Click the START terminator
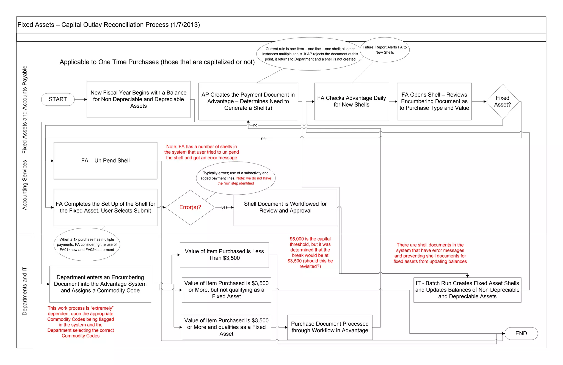(x=58, y=99)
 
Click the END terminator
(x=521, y=333)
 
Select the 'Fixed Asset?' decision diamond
(x=502, y=101)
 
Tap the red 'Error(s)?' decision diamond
(x=190, y=207)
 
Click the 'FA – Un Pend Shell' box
(x=105, y=160)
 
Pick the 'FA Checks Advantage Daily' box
(x=351, y=101)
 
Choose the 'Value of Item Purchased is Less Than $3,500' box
(x=224, y=255)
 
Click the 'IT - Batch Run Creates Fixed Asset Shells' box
(x=467, y=290)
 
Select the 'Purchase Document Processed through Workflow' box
(x=330, y=327)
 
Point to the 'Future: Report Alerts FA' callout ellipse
(x=385, y=50)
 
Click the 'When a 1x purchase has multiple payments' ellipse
(x=87, y=244)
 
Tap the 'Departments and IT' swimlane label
(x=25, y=291)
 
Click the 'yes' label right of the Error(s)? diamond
(x=224, y=207)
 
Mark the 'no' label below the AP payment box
(x=255, y=125)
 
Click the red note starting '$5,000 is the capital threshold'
(x=310, y=252)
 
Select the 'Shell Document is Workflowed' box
(x=285, y=207)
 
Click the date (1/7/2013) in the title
(x=185, y=25)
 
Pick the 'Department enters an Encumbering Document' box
(x=100, y=284)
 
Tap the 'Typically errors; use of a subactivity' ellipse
(x=236, y=178)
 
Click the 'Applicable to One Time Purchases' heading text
(x=157, y=62)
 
